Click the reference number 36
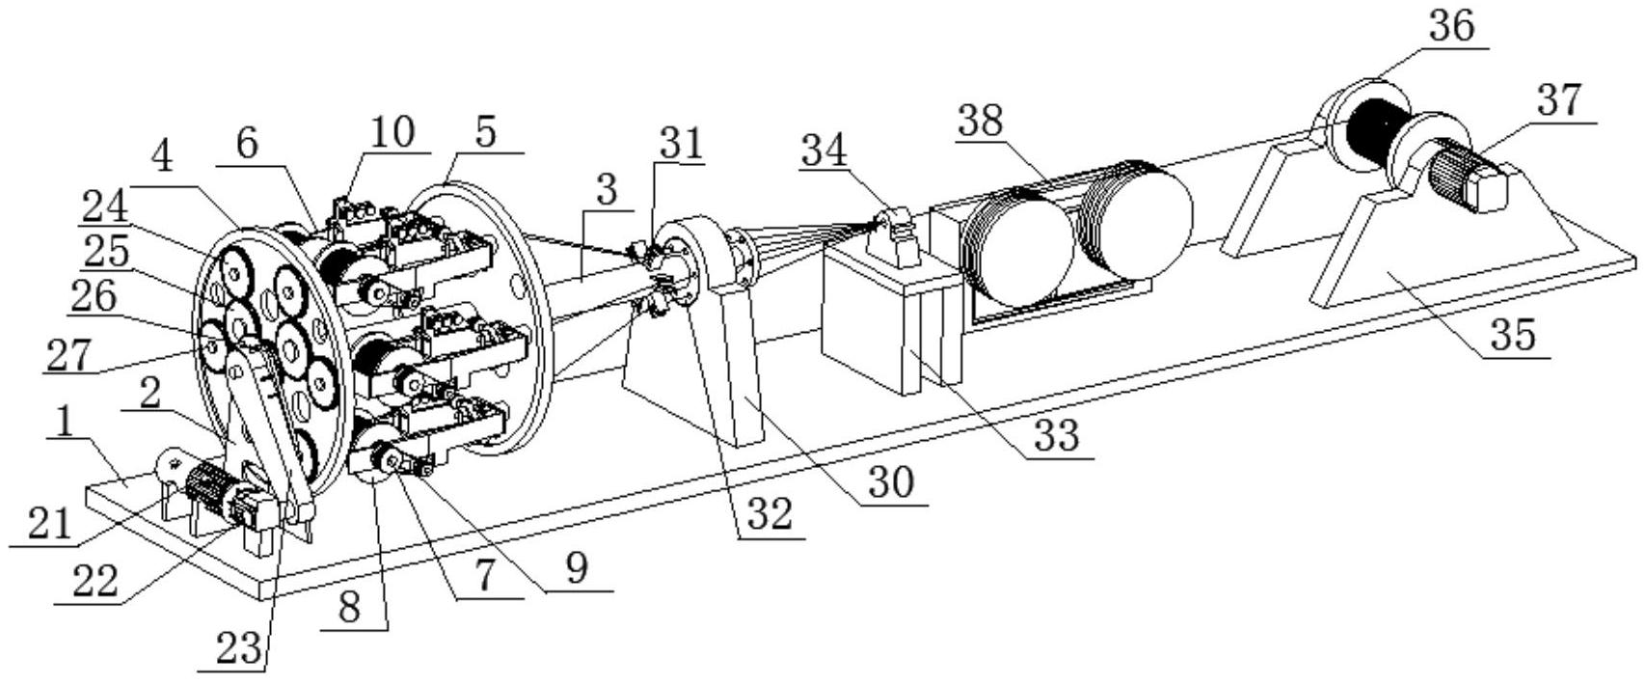tap(1451, 26)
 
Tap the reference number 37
tap(1559, 100)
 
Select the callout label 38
tap(981, 121)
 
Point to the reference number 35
tap(1513, 335)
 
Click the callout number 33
tap(1056, 436)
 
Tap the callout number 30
tap(889, 482)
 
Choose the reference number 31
tap(682, 145)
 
